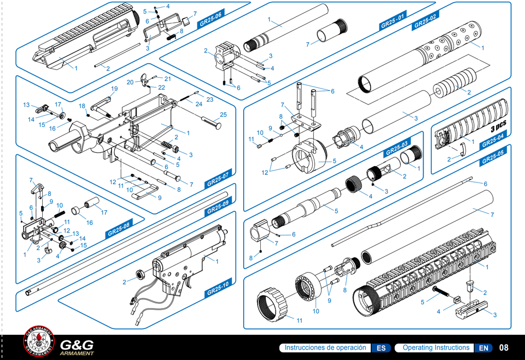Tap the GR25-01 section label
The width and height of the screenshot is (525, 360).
392,24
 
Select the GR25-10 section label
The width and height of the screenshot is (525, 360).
218,290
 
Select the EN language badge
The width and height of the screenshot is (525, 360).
483,348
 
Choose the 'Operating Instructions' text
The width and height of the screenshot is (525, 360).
436,348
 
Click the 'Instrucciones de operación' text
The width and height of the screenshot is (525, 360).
325,348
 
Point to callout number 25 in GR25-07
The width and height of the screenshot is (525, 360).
223,114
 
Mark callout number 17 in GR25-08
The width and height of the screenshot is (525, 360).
104,212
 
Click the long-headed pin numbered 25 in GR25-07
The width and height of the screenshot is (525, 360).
211,123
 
